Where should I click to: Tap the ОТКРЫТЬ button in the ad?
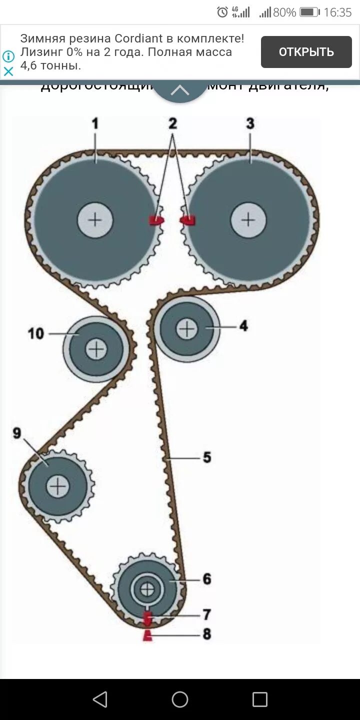pyautogui.click(x=306, y=52)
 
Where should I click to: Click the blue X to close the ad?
pyautogui.click(x=8, y=71)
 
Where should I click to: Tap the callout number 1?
pyautogui.click(x=95, y=123)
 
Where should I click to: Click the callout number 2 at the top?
pyautogui.click(x=172, y=123)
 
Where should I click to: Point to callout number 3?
pyautogui.click(x=250, y=123)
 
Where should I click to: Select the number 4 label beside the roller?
pyautogui.click(x=243, y=326)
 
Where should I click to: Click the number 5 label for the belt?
pyautogui.click(x=207, y=457)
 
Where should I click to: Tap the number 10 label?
pyautogui.click(x=36, y=333)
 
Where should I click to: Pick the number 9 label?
pyautogui.click(x=17, y=433)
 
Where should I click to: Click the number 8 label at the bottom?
pyautogui.click(x=207, y=634)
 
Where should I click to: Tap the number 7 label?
pyautogui.click(x=207, y=614)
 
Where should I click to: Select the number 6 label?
pyautogui.click(x=207, y=579)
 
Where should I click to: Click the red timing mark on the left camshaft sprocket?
pyautogui.click(x=156, y=220)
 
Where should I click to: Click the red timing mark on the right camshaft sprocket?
pyautogui.click(x=188, y=219)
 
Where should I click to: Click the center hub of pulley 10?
pyautogui.click(x=96, y=349)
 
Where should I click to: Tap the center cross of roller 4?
pyautogui.click(x=187, y=328)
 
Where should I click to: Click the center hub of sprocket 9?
pyautogui.click(x=58, y=486)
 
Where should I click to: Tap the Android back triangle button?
pyautogui.click(x=100, y=699)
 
